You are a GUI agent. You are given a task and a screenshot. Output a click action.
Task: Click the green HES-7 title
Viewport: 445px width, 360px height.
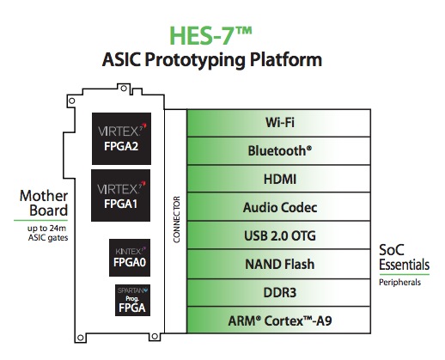click(x=210, y=36)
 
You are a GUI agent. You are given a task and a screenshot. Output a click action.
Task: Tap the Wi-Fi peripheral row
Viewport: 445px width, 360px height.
click(x=278, y=123)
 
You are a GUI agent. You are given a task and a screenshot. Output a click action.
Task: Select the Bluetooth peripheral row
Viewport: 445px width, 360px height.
click(x=278, y=151)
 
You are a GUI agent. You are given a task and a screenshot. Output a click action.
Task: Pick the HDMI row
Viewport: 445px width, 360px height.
click(x=278, y=179)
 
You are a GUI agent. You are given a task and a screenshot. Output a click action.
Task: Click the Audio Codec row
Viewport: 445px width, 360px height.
click(x=278, y=207)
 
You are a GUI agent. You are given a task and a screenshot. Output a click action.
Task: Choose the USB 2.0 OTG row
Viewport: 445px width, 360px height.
click(x=278, y=235)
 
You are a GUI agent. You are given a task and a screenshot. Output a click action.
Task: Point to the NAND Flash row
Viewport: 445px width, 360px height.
click(x=278, y=264)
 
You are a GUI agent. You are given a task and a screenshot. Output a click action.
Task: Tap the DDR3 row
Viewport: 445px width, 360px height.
click(x=278, y=292)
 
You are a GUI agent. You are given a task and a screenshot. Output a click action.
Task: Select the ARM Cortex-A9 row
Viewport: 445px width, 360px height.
click(x=278, y=320)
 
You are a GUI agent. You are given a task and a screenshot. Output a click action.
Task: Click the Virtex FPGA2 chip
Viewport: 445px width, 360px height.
click(x=121, y=138)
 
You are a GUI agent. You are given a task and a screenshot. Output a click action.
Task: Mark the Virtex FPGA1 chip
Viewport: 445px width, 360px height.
click(x=120, y=195)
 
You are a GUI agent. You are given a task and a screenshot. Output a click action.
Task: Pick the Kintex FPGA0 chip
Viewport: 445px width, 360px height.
click(x=130, y=258)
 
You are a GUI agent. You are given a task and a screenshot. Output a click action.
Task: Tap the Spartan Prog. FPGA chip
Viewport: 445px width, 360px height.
click(x=132, y=300)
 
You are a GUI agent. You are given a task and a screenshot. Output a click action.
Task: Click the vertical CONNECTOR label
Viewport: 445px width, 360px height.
click(x=176, y=220)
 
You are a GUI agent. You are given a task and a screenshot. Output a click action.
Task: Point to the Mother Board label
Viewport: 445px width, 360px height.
click(x=44, y=203)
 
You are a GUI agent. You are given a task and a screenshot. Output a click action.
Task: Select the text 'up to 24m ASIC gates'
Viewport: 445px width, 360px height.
click(x=47, y=233)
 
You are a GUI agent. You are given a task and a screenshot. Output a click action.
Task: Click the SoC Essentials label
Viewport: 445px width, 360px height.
click(x=404, y=257)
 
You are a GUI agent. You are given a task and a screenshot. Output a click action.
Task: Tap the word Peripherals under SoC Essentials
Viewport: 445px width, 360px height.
click(x=399, y=283)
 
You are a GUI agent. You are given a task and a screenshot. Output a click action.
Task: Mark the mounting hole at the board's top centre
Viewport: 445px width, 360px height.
click(x=124, y=88)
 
